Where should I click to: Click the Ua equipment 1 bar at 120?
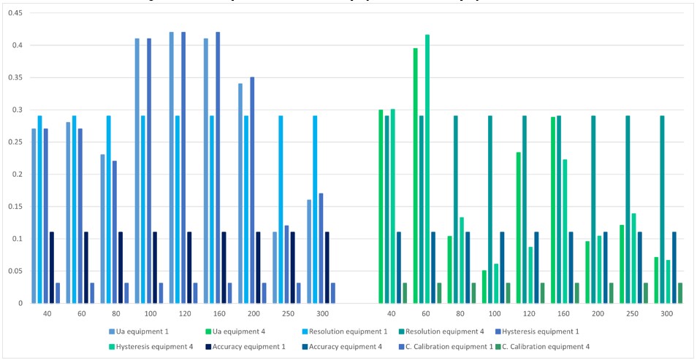click(171, 168)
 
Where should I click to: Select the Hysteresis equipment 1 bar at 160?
click(218, 168)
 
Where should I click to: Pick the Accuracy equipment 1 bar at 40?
click(52, 267)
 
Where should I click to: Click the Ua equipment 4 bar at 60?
click(415, 176)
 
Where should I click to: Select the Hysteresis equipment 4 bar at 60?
click(427, 169)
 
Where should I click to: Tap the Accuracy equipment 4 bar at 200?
click(605, 267)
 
